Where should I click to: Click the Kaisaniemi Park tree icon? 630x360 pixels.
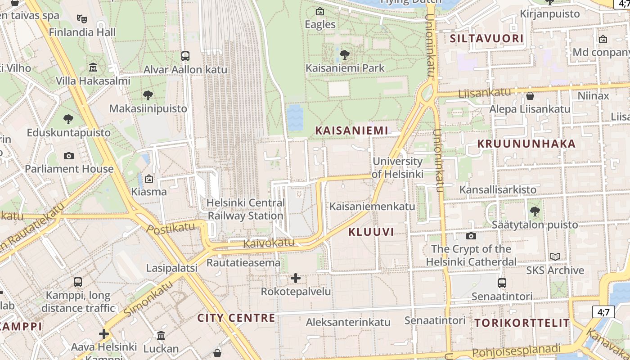(x=345, y=55)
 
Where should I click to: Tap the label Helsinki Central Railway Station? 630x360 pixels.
(x=245, y=209)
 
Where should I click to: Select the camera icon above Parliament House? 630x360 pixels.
(x=69, y=156)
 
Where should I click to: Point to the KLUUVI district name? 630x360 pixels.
(x=371, y=232)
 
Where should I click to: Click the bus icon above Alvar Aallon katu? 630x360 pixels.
(x=185, y=56)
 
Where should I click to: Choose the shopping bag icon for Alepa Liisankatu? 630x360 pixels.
(x=530, y=96)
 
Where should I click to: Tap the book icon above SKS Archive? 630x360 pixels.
(x=555, y=257)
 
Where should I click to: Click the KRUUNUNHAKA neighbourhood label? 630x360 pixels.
(x=526, y=144)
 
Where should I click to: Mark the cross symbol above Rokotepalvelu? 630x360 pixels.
(x=296, y=278)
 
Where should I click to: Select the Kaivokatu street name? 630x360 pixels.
(x=269, y=243)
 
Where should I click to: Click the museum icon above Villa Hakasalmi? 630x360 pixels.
(x=93, y=67)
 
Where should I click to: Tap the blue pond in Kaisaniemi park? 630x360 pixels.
(x=295, y=118)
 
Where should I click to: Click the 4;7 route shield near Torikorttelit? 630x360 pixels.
(x=603, y=311)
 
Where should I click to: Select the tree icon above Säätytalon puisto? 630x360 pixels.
(x=535, y=211)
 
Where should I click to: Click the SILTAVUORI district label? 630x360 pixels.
(x=487, y=39)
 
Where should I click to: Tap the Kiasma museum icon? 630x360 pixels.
(x=149, y=179)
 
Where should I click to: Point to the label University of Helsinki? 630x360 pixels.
(x=398, y=167)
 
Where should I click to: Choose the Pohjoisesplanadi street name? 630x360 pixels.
(x=517, y=351)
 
